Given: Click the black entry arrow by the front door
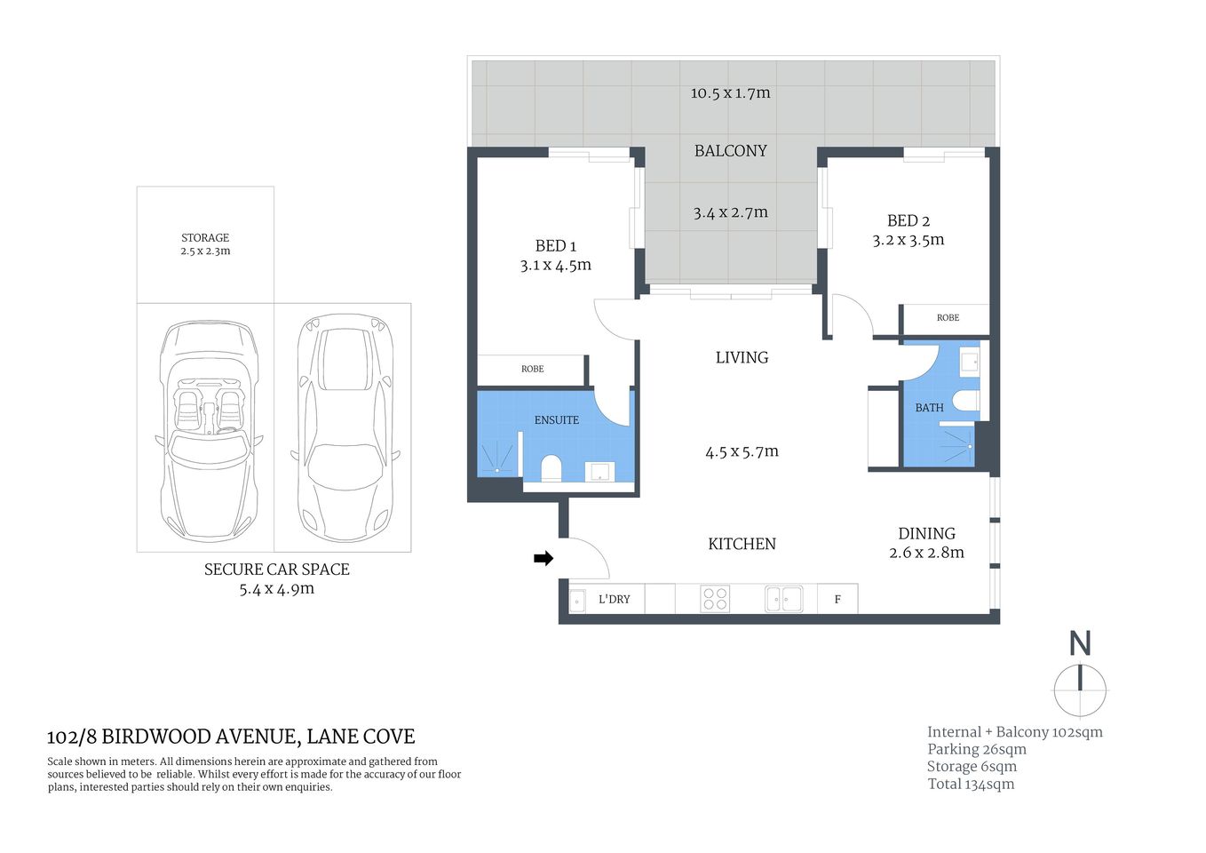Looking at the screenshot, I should pos(543,558).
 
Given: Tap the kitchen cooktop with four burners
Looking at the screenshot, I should pos(715,599).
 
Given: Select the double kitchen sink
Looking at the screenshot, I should pos(783,599).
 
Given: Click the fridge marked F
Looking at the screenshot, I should pos(837,600).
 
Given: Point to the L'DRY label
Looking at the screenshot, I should pos(614,600).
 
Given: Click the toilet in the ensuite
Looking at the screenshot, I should pos(551,468).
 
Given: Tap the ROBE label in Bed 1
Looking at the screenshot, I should pos(532,369).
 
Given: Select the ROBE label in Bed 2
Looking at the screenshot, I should pos(948,317).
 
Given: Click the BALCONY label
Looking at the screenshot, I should pos(730,151).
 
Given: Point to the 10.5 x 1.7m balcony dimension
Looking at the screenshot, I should pos(730,93).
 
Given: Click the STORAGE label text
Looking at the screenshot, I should pos(205,237).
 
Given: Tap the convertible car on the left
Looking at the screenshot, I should pos(209,431).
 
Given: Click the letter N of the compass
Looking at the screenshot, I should pos(1079,643).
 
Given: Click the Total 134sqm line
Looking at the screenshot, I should pos(970,784).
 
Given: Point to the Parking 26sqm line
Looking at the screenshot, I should pos(976,749).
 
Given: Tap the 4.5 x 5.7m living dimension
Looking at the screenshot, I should pos(742,452).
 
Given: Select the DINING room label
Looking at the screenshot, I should pos(926,534).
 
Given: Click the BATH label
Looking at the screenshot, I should pos(929,408).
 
